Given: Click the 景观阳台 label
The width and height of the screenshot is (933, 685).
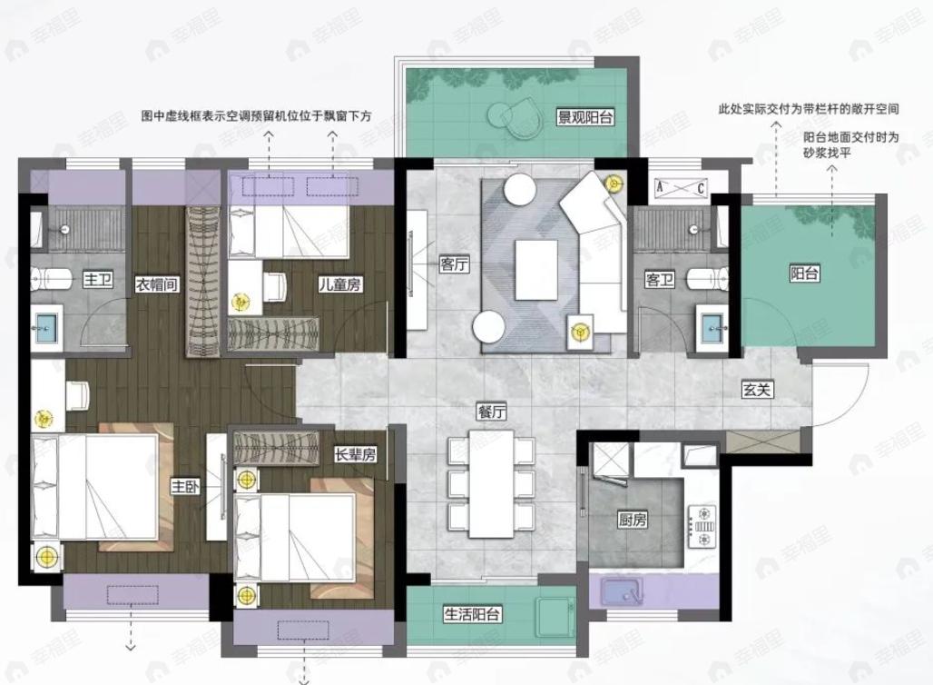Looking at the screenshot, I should click(585, 117).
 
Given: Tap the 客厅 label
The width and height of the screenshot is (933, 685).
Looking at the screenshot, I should click(454, 264).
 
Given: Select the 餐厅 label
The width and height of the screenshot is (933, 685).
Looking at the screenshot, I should click(491, 411).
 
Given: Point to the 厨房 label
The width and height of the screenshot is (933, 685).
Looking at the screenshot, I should click(633, 521).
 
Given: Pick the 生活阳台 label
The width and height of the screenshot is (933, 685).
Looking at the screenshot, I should click(473, 614).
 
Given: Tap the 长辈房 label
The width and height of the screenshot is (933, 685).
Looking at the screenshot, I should click(355, 454).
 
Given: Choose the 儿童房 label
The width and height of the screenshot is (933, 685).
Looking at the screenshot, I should click(340, 284).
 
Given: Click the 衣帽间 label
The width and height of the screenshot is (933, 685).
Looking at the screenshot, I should click(157, 284).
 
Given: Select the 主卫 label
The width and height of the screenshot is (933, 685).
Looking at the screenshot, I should click(97, 280).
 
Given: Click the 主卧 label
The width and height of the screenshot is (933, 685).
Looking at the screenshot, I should click(185, 487).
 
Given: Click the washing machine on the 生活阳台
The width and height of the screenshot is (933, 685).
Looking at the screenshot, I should click(555, 611).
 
